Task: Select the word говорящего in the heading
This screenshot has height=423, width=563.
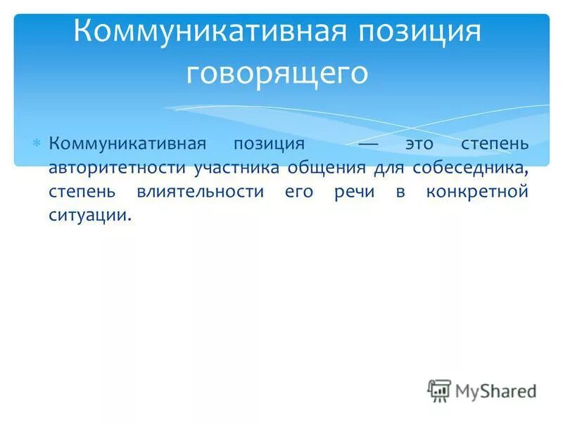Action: pyautogui.click(x=277, y=73)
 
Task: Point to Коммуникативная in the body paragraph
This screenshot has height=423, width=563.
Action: pyautogui.click(x=127, y=144)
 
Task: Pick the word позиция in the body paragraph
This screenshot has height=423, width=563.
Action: pyautogui.click(x=270, y=144)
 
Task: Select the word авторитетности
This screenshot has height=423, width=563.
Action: pyautogui.click(x=112, y=168)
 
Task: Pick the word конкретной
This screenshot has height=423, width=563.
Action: pyautogui.click(x=476, y=191)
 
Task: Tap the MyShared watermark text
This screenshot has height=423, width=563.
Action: pyautogui.click(x=495, y=390)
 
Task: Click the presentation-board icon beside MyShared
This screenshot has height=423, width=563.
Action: pyautogui.click(x=439, y=390)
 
